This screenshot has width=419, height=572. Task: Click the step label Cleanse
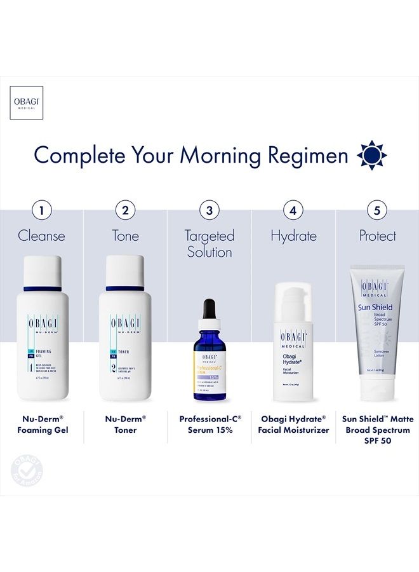tap(42, 236)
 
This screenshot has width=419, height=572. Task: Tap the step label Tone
tap(125, 236)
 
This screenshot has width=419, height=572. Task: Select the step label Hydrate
tap(293, 236)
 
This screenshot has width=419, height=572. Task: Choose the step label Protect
tap(377, 236)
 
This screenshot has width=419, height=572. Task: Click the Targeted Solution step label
tap(209, 243)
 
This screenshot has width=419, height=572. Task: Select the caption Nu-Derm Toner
tap(125, 424)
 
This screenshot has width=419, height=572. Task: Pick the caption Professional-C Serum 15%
tap(209, 424)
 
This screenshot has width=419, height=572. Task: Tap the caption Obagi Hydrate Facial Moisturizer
tap(293, 424)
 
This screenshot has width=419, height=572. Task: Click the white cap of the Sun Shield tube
tap(377, 388)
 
